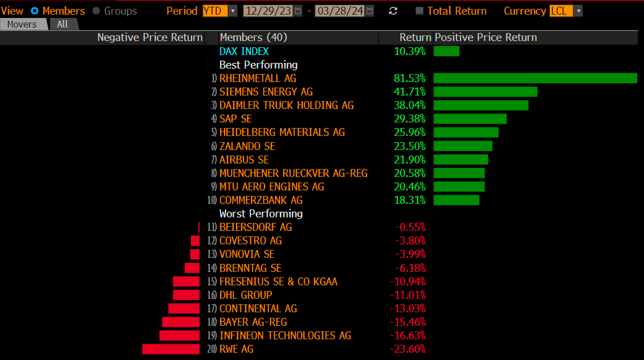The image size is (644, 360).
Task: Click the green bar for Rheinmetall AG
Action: click(535, 78)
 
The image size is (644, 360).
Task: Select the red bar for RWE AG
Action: click(171, 349)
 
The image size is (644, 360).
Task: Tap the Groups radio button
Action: click(96, 11)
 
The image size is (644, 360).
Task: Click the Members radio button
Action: click(35, 11)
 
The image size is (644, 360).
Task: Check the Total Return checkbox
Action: click(419, 11)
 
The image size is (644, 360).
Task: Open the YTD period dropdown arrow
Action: click(233, 11)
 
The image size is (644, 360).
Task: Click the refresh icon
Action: click(393, 11)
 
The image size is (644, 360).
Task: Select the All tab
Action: click(62, 24)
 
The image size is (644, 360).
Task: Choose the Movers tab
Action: click(22, 24)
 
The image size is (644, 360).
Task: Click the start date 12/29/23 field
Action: click(268, 11)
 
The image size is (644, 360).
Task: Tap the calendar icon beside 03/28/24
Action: click(370, 11)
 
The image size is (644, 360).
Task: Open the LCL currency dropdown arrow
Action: click(578, 11)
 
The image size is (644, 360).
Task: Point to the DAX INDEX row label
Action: click(244, 51)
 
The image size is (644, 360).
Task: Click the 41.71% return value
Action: click(409, 92)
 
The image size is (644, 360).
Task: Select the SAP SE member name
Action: click(236, 119)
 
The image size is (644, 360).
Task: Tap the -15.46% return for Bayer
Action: click(408, 322)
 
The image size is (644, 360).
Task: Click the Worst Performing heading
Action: click(261, 214)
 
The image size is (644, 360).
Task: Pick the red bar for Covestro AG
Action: click(195, 241)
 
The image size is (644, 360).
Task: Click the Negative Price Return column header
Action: click(150, 37)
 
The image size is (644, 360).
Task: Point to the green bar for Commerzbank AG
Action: click(456, 200)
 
